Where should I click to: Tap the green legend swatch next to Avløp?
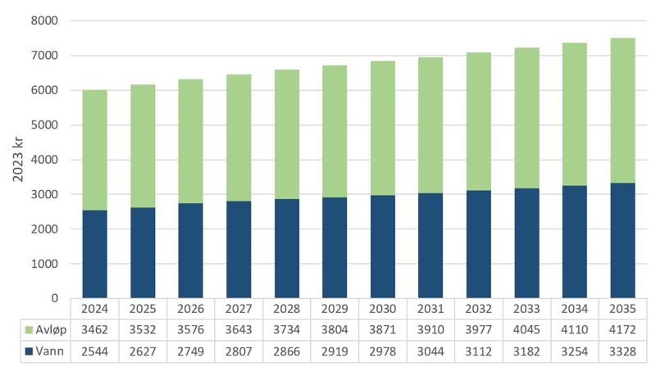click(20, 328)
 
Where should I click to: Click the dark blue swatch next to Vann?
click(20, 351)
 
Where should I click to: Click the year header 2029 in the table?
click(335, 309)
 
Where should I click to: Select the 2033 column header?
click(526, 309)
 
